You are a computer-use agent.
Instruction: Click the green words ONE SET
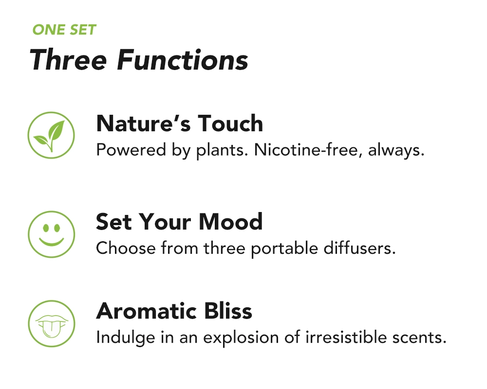pyautogui.click(x=64, y=30)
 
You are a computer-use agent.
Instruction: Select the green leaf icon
pyautogui.click(x=51, y=135)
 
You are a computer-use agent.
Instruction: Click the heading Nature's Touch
pyautogui.click(x=180, y=124)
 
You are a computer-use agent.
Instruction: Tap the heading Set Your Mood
pyautogui.click(x=179, y=222)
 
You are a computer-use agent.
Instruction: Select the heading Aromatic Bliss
pyautogui.click(x=174, y=311)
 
